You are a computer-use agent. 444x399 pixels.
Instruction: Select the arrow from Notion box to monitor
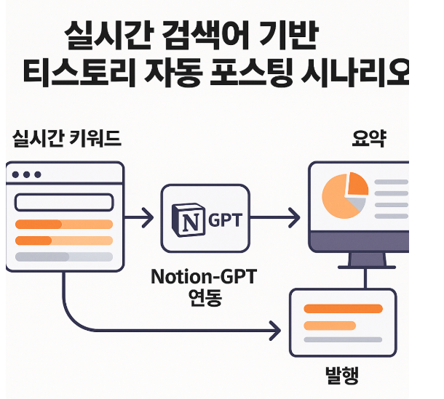point(274,217)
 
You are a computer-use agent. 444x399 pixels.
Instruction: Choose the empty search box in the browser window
point(63,201)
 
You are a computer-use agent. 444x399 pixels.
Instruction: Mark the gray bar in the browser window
point(63,257)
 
